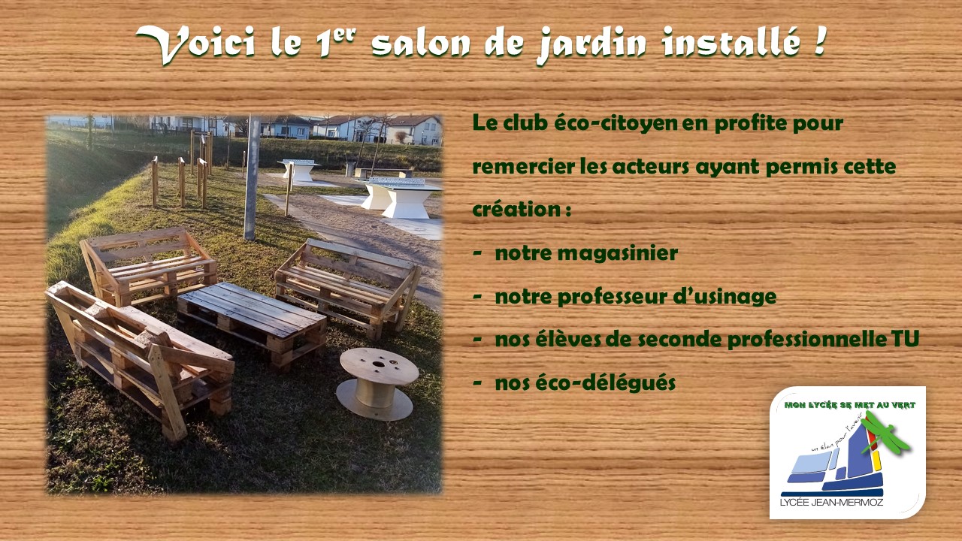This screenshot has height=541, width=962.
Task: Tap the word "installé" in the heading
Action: (731, 42)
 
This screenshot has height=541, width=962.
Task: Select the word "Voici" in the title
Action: (196, 44)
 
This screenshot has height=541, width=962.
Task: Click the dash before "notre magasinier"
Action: (476, 254)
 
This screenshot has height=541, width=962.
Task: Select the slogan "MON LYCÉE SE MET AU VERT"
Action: (849, 405)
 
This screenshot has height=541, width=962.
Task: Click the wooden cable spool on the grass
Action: (377, 384)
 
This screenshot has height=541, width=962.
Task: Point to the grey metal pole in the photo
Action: (252, 177)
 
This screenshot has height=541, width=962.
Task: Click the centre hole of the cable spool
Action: (379, 364)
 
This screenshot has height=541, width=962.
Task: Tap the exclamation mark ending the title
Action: (819, 41)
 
